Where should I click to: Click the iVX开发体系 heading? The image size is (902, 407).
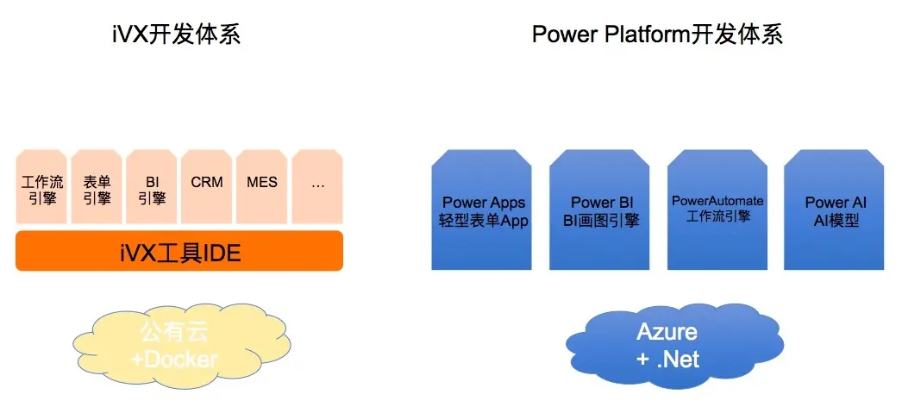(176, 34)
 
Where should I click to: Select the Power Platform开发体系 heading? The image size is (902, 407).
(657, 34)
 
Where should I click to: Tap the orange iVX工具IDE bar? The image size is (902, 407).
(179, 252)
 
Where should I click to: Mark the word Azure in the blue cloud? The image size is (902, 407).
(667, 332)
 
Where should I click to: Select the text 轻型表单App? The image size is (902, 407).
(484, 221)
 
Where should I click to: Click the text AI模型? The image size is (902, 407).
(836, 221)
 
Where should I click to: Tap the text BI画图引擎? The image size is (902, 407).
(601, 221)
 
